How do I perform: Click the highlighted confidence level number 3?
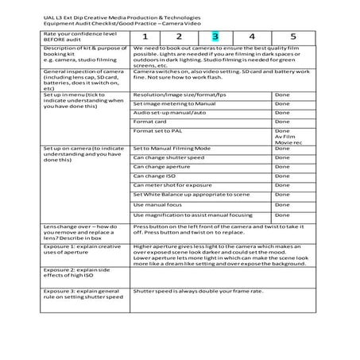tap(215, 37)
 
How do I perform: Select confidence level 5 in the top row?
tap(292, 37)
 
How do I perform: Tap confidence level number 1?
tap(145, 37)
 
